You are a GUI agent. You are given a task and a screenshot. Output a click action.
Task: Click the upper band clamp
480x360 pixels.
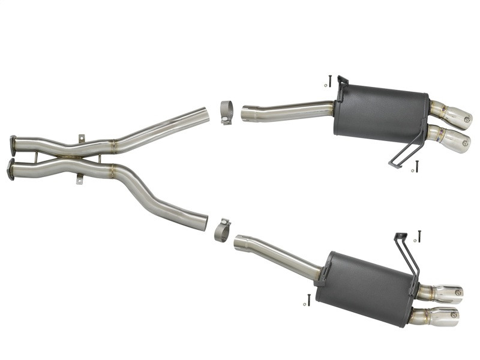[x=226, y=112]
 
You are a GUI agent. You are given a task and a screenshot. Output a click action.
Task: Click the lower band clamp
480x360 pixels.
[x=222, y=230]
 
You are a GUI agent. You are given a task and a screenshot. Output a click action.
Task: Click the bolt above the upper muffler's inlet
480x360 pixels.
[x=329, y=80]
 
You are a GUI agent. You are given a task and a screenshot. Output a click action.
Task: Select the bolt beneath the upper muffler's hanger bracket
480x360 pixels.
[x=416, y=166]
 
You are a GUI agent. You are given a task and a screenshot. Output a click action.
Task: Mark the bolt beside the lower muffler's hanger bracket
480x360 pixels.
[x=419, y=236]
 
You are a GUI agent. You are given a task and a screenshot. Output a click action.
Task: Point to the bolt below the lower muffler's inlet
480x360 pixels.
[x=308, y=299]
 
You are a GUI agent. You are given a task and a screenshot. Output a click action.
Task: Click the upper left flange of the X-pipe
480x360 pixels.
[x=13, y=145]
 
